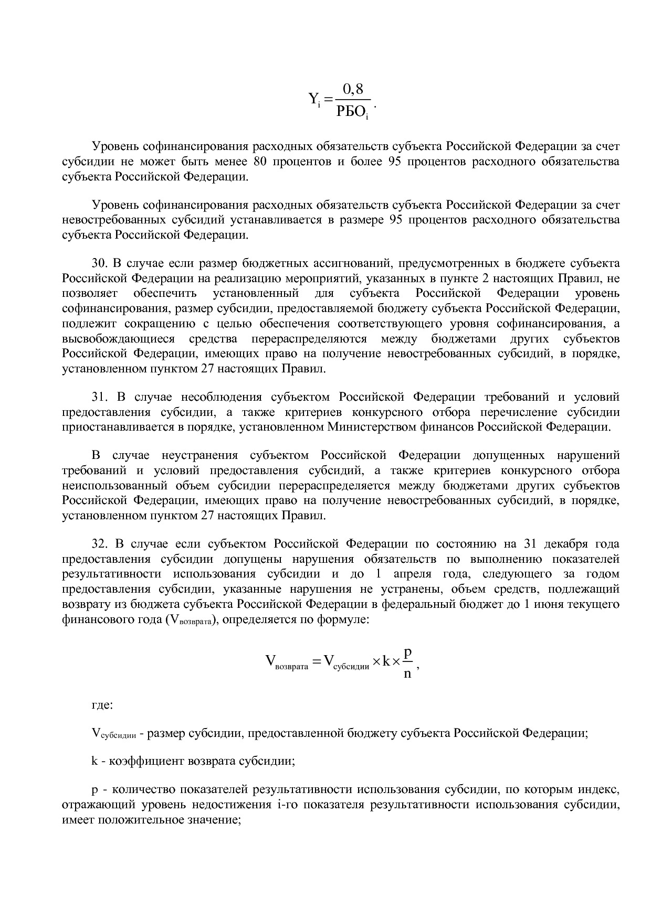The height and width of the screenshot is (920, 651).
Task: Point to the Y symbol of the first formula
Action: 313,99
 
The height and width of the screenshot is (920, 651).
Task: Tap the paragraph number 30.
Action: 99,263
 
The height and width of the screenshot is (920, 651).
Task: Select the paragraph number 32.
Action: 99,543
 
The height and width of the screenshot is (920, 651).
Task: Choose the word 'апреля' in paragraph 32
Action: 410,574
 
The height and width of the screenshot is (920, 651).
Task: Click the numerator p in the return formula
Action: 408,652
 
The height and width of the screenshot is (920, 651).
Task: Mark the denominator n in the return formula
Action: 407,673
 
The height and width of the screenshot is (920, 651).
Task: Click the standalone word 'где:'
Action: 102,705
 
